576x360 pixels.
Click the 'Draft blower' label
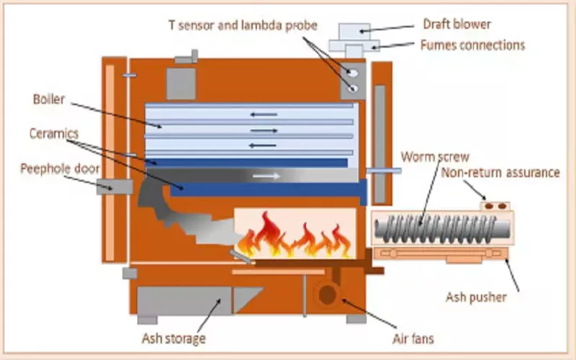[456, 24]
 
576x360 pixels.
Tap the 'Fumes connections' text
[472, 45]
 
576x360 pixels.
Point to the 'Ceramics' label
[54, 134]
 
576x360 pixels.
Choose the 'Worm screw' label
[435, 156]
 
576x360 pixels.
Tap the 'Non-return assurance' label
[500, 173]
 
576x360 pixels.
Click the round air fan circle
[328, 294]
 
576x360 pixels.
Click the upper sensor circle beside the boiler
[352, 73]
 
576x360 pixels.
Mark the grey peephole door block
[119, 186]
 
